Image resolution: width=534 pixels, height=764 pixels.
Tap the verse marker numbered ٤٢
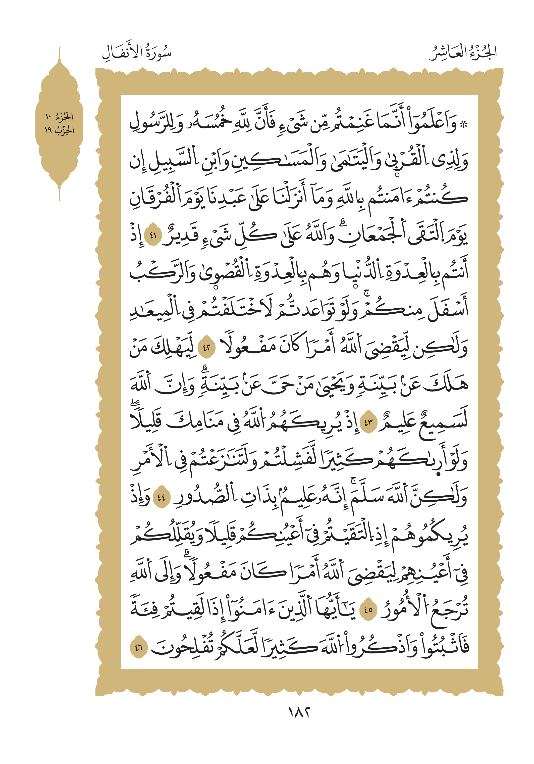[206, 348]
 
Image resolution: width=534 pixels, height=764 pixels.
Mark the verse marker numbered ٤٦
[139, 648]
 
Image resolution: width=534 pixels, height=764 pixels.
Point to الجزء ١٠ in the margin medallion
[59, 116]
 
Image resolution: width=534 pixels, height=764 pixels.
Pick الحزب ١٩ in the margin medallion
[59, 130]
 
